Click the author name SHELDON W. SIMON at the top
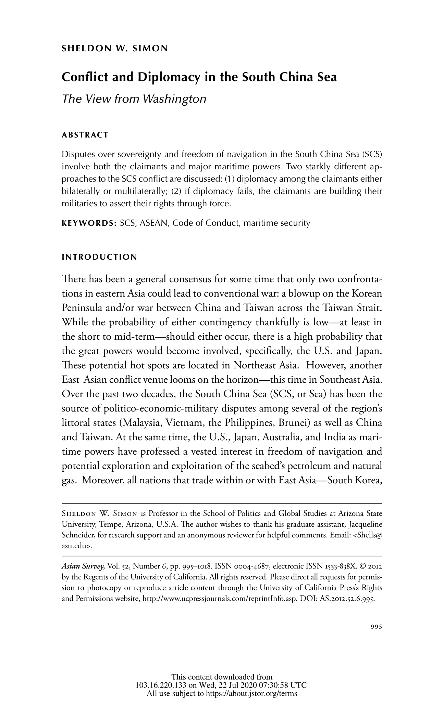pos(114,49)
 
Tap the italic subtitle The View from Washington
pos(134,99)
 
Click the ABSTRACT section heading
pos(85,135)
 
